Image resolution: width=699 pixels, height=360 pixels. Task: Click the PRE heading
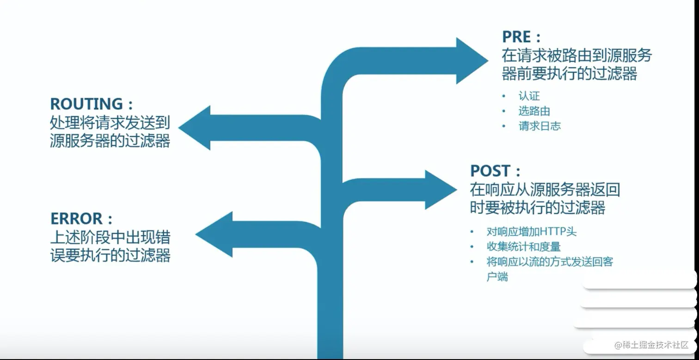coord(521,37)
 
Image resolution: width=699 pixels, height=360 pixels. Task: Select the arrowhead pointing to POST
coord(440,189)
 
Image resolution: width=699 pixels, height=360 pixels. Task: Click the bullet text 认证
coord(529,97)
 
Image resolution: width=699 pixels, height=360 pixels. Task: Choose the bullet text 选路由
coord(534,111)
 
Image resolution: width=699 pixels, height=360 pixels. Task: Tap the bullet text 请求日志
coord(540,126)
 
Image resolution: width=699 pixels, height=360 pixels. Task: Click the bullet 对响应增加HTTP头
coord(532,232)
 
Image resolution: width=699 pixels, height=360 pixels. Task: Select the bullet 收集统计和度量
coord(524,247)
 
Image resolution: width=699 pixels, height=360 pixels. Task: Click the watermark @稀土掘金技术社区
coord(651,345)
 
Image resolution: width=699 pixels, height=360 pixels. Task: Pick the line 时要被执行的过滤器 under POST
coord(538,207)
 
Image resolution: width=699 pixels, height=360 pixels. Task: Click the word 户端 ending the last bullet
coord(497,277)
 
